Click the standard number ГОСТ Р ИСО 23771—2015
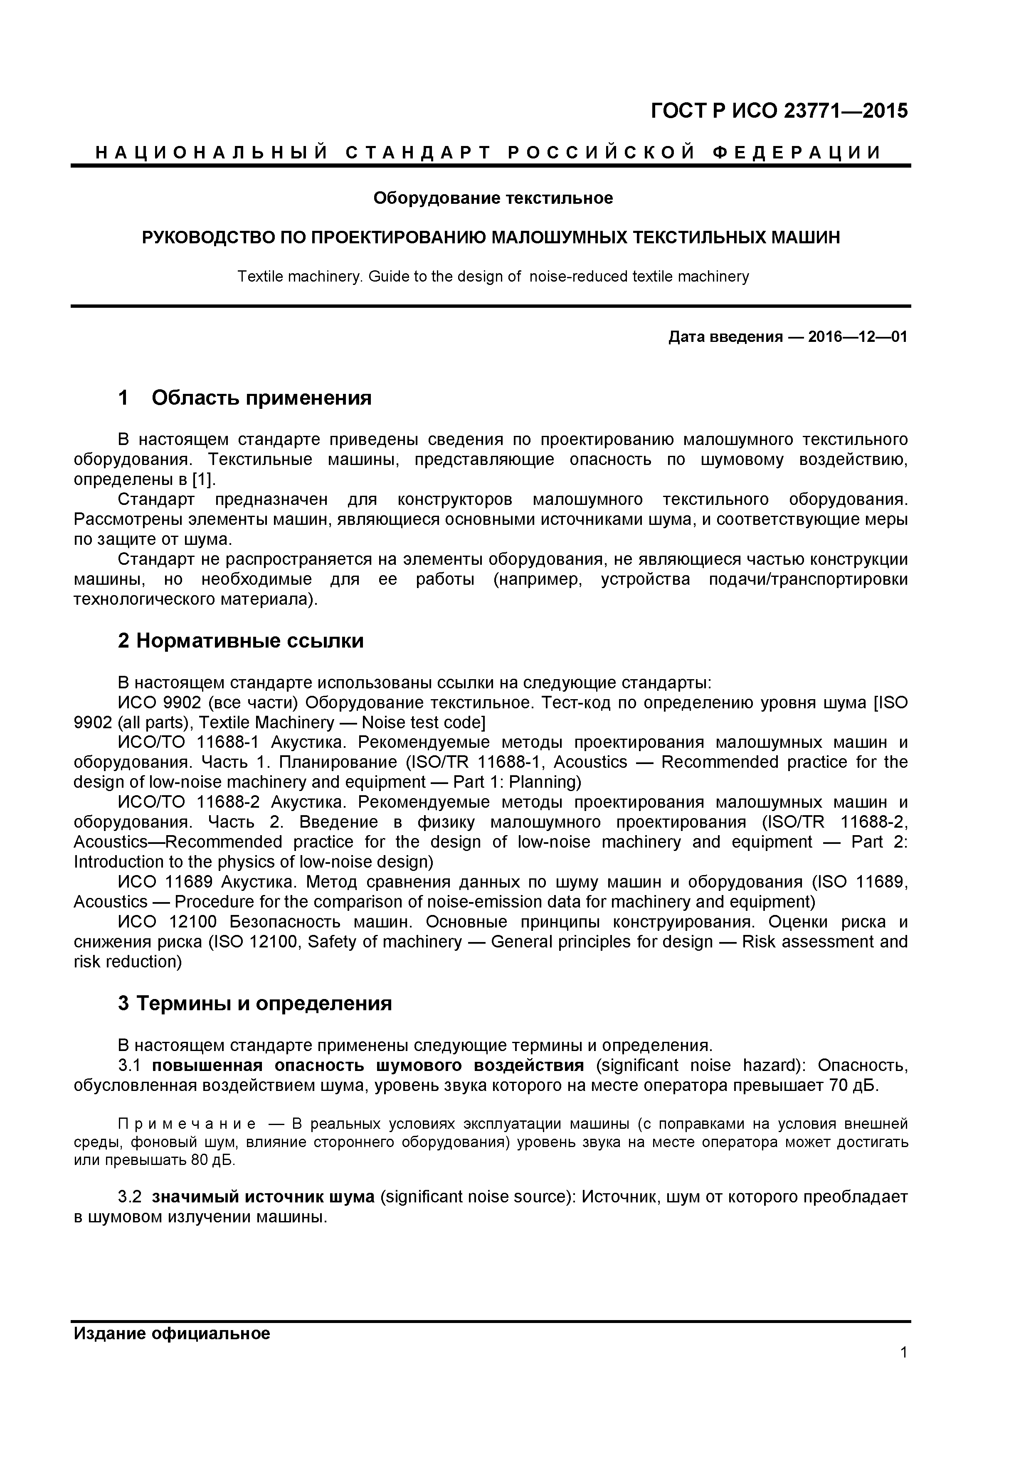point(779,111)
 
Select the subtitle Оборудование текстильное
point(493,198)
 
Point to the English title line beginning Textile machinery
point(493,277)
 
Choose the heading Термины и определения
point(264,1004)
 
